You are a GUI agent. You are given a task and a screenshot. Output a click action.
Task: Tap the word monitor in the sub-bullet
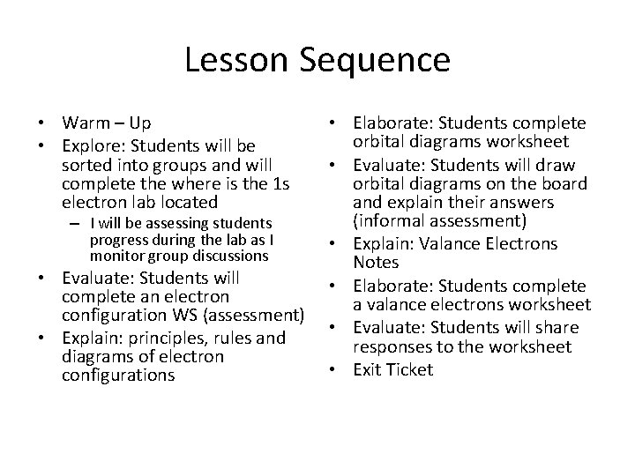coord(115,256)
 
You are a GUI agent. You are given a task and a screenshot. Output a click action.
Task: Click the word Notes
coord(377,264)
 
